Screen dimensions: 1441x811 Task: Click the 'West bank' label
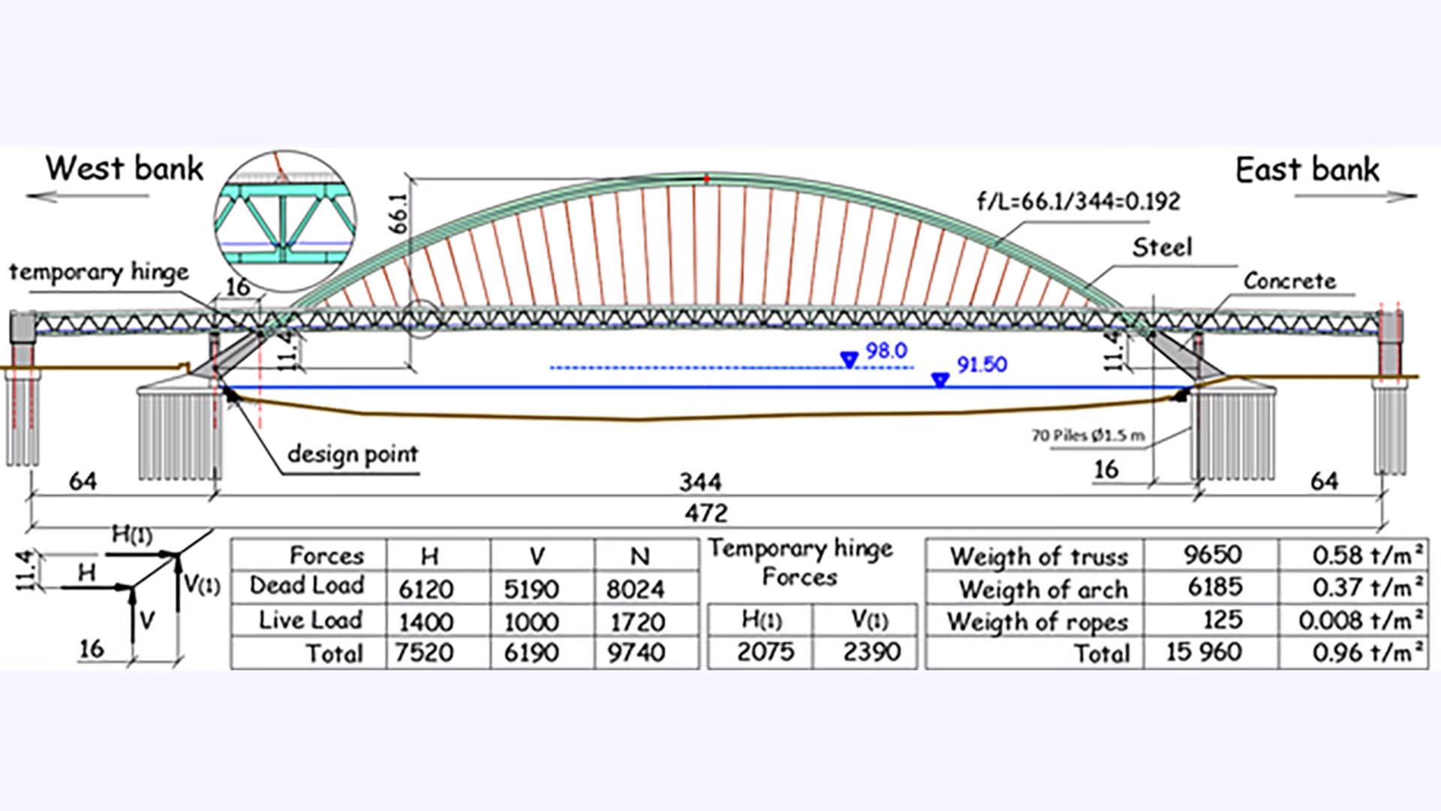[125, 168]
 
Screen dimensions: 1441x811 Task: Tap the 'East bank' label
[1307, 170]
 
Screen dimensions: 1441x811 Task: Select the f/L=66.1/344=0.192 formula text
[1078, 201]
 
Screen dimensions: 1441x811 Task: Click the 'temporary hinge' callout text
[99, 272]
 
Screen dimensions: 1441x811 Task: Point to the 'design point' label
[353, 454]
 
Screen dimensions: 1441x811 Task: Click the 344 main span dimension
[700, 481]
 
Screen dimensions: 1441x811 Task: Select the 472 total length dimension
[706, 513]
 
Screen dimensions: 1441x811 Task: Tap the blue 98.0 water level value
[886, 351]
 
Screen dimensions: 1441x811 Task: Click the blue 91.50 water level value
[982, 365]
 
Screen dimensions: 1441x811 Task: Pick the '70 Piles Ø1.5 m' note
[1088, 436]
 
